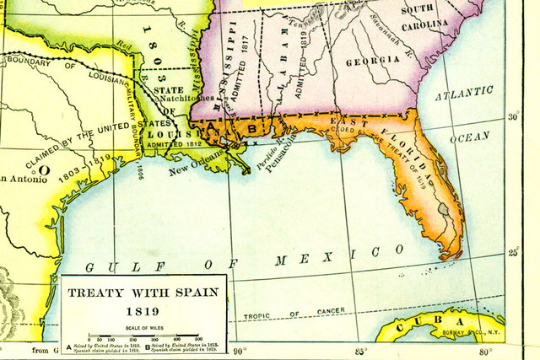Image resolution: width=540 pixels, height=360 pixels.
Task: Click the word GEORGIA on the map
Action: tap(371, 61)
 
